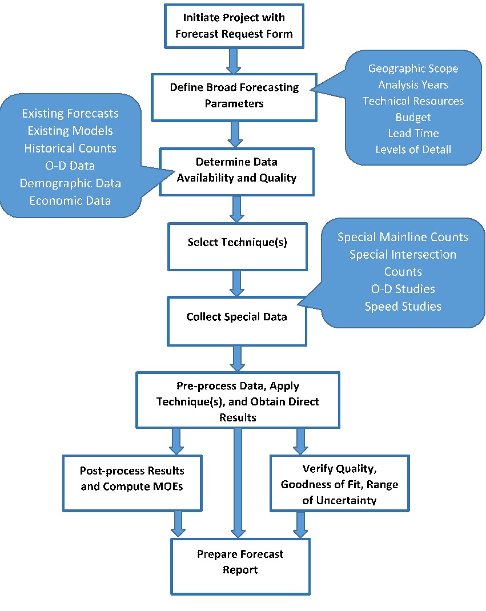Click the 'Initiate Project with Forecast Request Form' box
pyautogui.click(x=234, y=26)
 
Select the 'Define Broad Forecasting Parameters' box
pyautogui.click(x=234, y=96)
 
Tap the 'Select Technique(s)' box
pyautogui.click(x=237, y=242)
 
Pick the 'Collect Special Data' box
pyautogui.click(x=236, y=317)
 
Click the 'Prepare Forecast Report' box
pyautogui.click(x=240, y=562)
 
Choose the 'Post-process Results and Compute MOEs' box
pyautogui.click(x=132, y=479)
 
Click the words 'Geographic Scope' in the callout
pyautogui.click(x=413, y=69)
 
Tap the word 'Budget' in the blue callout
pyautogui.click(x=413, y=117)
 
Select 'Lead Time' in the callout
pyautogui.click(x=413, y=133)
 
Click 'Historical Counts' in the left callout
pyautogui.click(x=70, y=148)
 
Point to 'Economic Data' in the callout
pyautogui.click(x=70, y=200)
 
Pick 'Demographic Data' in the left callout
pyautogui.click(x=70, y=183)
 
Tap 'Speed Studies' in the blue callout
pyautogui.click(x=403, y=306)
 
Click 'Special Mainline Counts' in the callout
pyautogui.click(x=403, y=236)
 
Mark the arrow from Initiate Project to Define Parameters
pyautogui.click(x=234, y=61)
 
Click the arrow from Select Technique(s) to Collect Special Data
pyautogui.click(x=237, y=283)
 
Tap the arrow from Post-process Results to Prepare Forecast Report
pyautogui.click(x=178, y=524)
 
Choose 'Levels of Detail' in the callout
pyautogui.click(x=413, y=150)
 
